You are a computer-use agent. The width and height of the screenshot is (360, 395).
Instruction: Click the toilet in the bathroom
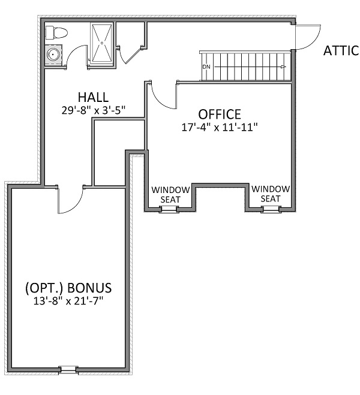coord(56,33)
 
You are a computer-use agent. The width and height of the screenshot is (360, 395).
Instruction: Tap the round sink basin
coord(53,54)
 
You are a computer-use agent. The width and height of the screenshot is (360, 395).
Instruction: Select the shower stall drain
coord(102,43)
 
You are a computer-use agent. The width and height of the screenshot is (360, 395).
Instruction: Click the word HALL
coord(93,97)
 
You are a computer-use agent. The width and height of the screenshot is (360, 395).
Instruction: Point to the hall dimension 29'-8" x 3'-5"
coord(94,110)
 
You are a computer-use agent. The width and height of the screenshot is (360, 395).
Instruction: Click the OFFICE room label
coord(220,114)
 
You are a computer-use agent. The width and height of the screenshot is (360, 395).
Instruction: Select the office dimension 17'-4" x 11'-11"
coord(220,127)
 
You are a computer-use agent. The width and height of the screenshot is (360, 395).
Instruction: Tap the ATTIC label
coord(341,50)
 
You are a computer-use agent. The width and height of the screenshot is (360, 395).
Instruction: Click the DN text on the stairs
coord(206,67)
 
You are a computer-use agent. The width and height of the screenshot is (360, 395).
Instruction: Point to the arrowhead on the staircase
coord(283,67)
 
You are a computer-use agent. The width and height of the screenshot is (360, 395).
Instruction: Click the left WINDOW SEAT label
coord(170,194)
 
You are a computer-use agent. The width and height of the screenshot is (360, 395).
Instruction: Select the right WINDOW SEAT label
coord(271,194)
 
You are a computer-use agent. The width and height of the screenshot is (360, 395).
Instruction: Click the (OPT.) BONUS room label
coord(68,288)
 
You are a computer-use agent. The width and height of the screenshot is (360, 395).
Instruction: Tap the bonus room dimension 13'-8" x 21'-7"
coord(68,301)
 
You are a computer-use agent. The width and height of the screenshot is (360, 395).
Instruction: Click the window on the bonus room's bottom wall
coord(68,370)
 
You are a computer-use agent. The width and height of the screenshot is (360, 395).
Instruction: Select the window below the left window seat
coord(169,209)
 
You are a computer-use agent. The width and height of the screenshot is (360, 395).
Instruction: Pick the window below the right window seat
coord(271,209)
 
